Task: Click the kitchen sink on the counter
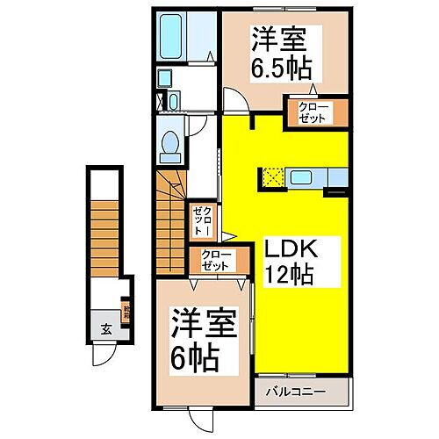(x=336, y=178)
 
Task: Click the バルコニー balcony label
(x=303, y=391)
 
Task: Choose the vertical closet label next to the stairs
(x=201, y=218)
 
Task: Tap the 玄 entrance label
(x=104, y=329)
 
